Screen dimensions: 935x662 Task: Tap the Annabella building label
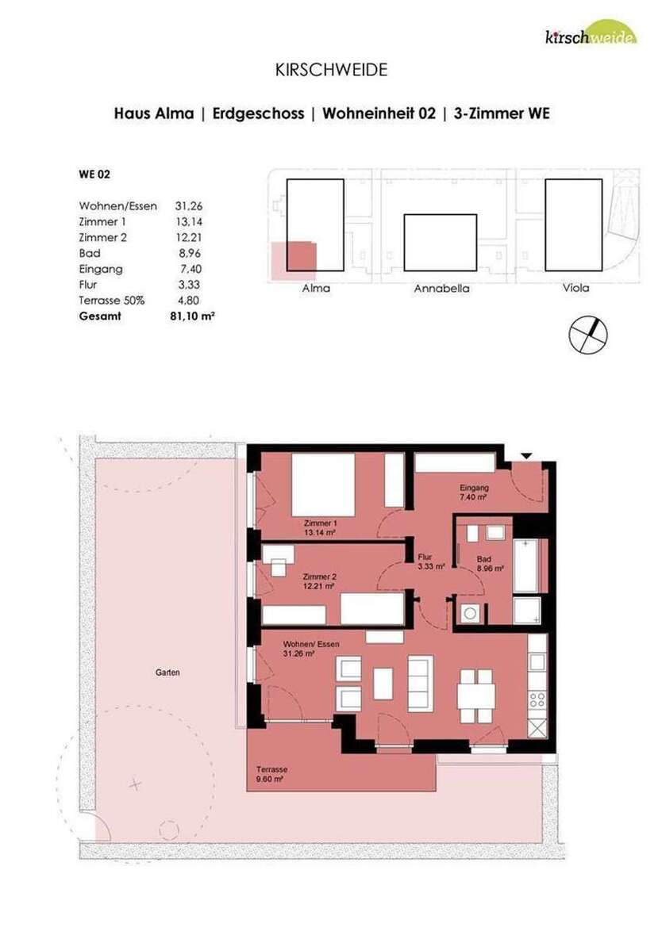[x=441, y=289]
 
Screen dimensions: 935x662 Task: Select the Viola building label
[x=575, y=288]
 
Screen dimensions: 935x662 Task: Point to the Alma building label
[x=316, y=288]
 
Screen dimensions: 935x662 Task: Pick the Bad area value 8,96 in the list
[x=196, y=254]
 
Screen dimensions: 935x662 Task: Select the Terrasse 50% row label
[x=111, y=300]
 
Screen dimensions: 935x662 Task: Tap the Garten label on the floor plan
[x=167, y=673]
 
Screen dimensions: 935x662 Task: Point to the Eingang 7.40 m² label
[x=473, y=492]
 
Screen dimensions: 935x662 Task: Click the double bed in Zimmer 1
[x=321, y=484]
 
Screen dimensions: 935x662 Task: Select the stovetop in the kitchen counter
[x=537, y=699]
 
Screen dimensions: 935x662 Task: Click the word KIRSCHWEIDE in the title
[x=331, y=71]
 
